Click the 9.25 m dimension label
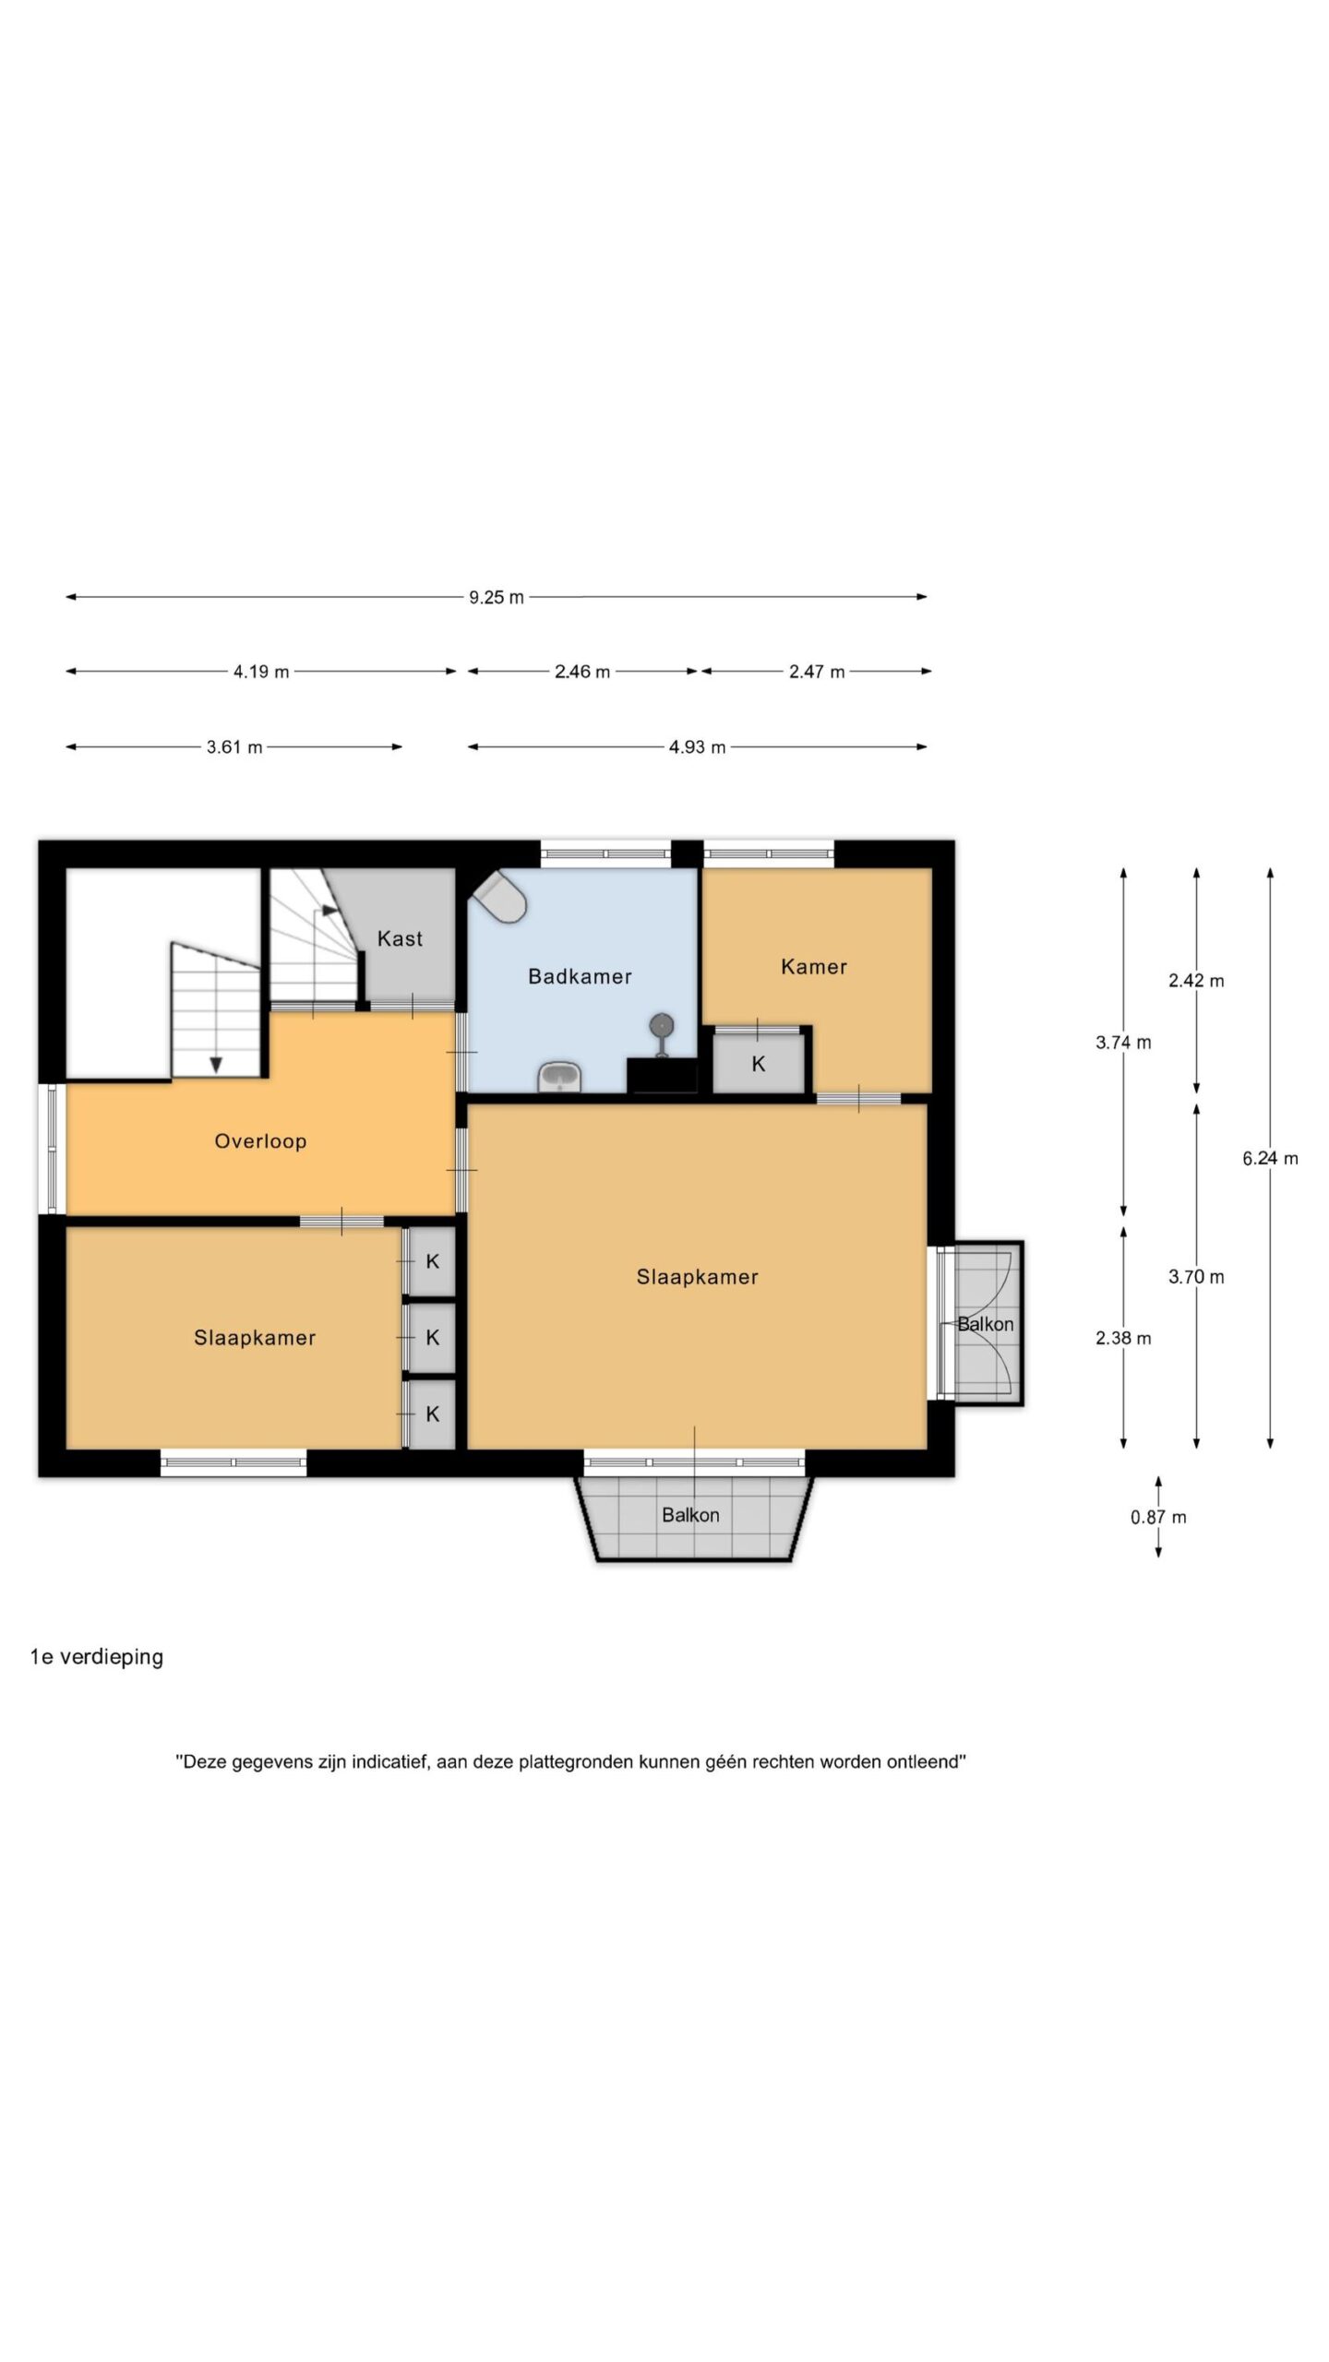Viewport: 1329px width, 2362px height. (496, 597)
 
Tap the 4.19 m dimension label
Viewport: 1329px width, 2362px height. (261, 672)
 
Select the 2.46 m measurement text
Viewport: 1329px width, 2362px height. (582, 672)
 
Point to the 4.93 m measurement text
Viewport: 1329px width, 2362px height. (697, 747)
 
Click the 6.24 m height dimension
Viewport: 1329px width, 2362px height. (1270, 1158)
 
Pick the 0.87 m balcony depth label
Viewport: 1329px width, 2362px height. (1158, 1517)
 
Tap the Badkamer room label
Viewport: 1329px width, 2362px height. (580, 976)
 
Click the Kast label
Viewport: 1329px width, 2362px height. (400, 938)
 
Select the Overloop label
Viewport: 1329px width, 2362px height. (260, 1141)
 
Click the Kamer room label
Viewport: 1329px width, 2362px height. (814, 967)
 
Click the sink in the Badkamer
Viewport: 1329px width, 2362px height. (559, 1076)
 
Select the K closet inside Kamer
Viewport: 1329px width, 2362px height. (759, 1064)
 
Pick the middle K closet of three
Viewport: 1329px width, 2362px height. (432, 1338)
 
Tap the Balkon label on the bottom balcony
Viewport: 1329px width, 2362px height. (690, 1515)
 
